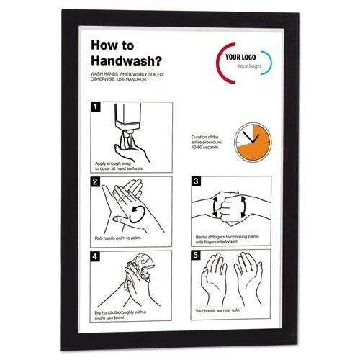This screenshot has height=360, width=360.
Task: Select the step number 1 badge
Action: pos(94,108)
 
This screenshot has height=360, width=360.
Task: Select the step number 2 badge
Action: pos(94,182)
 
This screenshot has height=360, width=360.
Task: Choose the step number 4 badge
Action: pos(94,255)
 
